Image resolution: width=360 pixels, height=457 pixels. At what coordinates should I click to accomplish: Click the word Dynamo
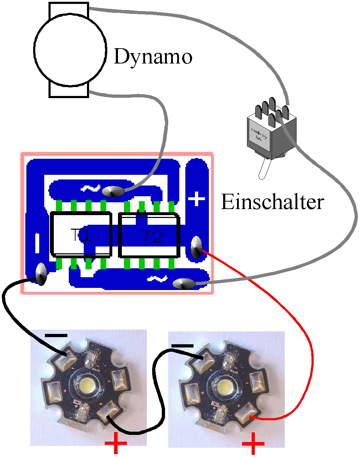click(x=153, y=57)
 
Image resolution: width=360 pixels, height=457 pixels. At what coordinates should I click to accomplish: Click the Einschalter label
click(x=272, y=202)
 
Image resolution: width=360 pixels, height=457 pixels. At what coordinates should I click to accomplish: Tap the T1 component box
click(x=81, y=235)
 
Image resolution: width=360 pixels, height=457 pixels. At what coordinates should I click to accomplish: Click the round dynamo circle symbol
click(x=70, y=50)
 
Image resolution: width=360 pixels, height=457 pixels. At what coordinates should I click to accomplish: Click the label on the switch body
click(x=259, y=134)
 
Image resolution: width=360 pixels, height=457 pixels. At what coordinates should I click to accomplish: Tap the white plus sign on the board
click(x=196, y=199)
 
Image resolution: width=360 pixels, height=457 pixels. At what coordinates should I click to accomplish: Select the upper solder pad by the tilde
click(x=113, y=192)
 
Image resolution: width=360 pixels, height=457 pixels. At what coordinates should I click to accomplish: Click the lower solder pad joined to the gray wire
click(x=184, y=284)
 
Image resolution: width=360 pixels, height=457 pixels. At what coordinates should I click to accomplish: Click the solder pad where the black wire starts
click(x=41, y=274)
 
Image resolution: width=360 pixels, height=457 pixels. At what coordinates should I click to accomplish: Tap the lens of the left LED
click(x=88, y=385)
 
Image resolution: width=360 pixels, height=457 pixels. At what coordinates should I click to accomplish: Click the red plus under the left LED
click(x=116, y=443)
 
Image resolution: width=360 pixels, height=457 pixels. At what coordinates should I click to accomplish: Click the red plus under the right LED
click(x=253, y=443)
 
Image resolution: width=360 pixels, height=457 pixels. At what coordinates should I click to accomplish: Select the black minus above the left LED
click(x=56, y=335)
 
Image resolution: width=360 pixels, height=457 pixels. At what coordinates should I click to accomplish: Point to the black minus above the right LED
click(x=182, y=346)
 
